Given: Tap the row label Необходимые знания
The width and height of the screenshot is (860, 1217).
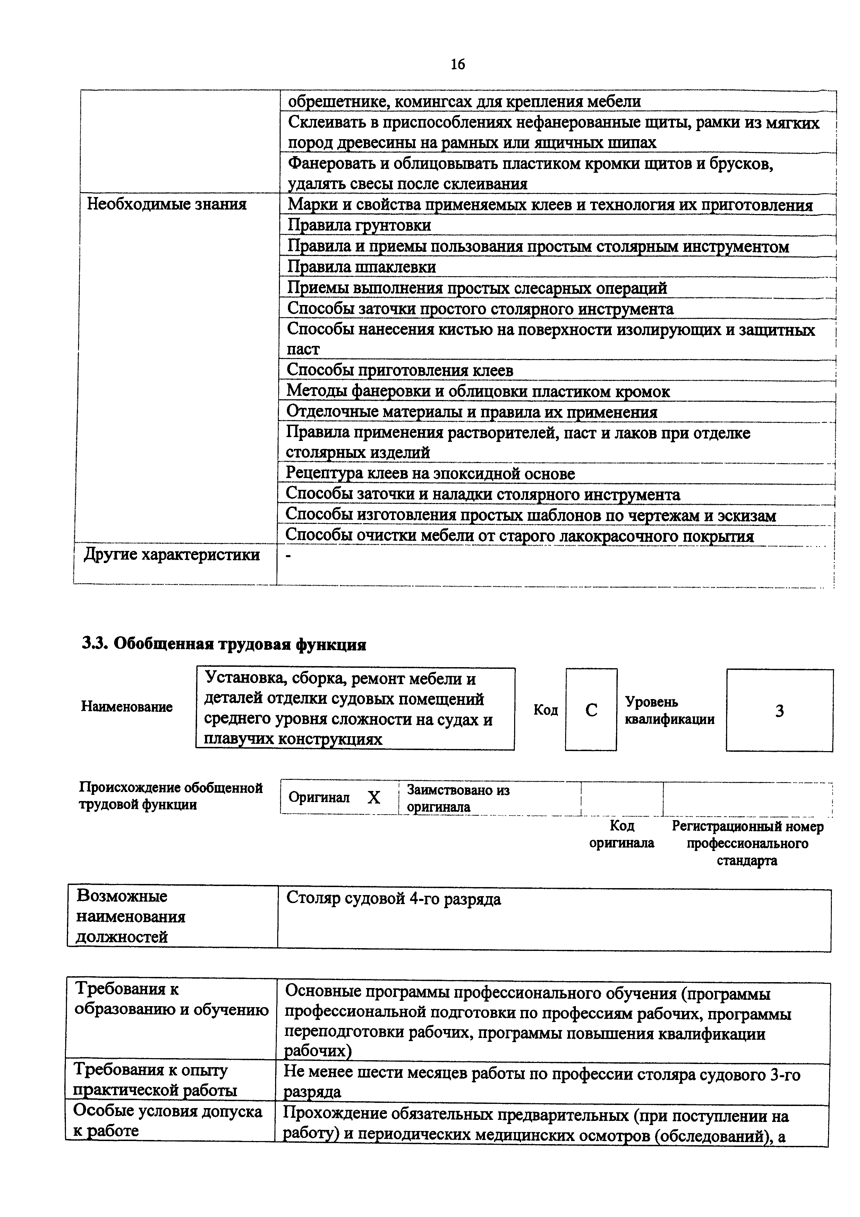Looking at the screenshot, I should [167, 204].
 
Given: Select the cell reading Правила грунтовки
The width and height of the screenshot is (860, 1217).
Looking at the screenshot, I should [359, 225].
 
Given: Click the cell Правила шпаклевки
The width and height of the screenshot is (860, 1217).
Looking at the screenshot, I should [361, 267].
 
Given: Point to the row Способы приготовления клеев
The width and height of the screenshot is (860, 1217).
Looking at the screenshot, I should [400, 370].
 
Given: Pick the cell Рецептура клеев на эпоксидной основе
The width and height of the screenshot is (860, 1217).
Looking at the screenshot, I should [430, 473].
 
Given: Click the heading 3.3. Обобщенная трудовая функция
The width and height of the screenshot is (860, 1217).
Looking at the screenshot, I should [224, 644].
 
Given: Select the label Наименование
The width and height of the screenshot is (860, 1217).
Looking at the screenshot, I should [127, 707].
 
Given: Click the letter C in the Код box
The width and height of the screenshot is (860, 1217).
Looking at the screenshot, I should [591, 710].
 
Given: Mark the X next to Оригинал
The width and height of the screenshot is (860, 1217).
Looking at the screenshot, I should [374, 797].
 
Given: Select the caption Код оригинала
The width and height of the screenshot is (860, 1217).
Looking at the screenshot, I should [622, 834].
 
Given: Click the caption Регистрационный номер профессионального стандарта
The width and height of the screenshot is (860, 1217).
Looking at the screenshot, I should [747, 843].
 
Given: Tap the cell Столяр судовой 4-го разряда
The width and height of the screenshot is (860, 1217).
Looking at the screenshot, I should [393, 899].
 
